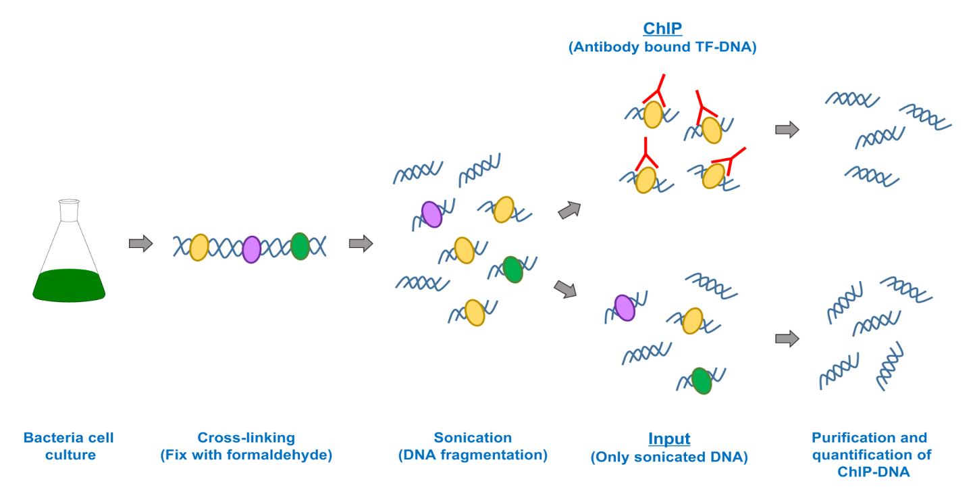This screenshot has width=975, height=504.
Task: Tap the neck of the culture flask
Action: click(x=69, y=211)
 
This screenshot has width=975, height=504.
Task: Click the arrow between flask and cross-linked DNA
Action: click(x=140, y=244)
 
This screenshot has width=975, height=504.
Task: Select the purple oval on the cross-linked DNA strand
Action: click(x=251, y=249)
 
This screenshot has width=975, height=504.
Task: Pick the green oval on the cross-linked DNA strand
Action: click(x=300, y=246)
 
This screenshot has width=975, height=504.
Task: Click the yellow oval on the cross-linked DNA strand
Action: click(x=199, y=247)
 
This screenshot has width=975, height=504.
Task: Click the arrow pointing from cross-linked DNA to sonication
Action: click(x=361, y=244)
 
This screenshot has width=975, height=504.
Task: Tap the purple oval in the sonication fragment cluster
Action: click(x=431, y=214)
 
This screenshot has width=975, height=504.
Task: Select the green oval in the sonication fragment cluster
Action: click(x=513, y=269)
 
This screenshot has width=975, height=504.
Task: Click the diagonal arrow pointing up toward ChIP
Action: click(x=570, y=210)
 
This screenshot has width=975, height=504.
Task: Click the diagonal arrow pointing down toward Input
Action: click(x=566, y=289)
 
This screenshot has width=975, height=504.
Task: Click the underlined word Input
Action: click(x=669, y=438)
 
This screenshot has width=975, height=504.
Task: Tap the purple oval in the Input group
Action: click(x=625, y=307)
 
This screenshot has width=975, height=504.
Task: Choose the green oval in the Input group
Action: click(x=702, y=380)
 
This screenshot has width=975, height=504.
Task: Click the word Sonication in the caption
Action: click(x=473, y=438)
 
